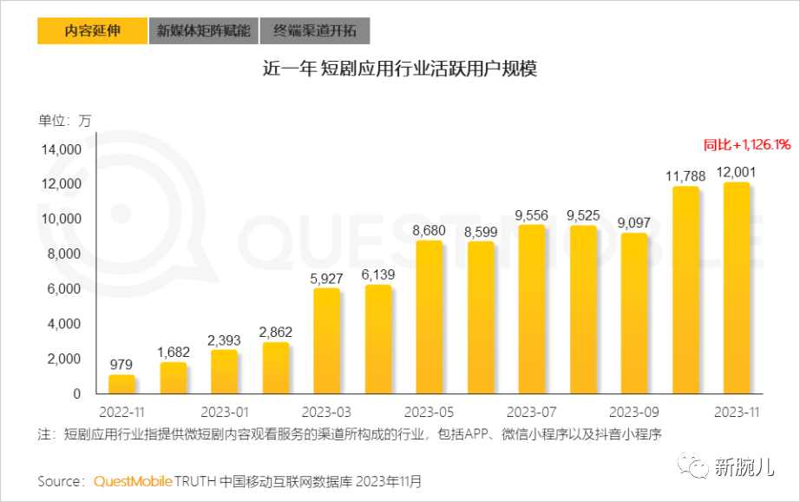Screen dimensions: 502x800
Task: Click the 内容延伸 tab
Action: pos(92,31)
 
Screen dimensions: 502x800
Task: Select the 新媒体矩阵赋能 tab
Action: pos(203,31)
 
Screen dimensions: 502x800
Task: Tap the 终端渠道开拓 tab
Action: pos(315,31)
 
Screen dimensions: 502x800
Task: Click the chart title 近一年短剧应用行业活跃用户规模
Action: pos(400,69)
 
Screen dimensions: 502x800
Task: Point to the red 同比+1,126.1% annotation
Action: pos(746,144)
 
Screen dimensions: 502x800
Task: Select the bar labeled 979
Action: pos(121,385)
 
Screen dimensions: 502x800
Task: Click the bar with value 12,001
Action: pos(736,288)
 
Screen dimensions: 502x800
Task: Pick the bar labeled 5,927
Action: pos(326,341)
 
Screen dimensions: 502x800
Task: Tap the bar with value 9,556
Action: pos(531,310)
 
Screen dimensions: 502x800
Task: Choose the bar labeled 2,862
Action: pos(275,368)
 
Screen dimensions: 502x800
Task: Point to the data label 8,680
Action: pos(429,231)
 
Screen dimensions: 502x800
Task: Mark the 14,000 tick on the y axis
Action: pos(61,149)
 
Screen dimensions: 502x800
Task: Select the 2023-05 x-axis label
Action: pos(429,411)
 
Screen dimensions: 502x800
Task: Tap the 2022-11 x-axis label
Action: pos(121,411)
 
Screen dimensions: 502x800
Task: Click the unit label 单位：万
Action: pos(64,121)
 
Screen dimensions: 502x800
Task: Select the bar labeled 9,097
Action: pos(633,314)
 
